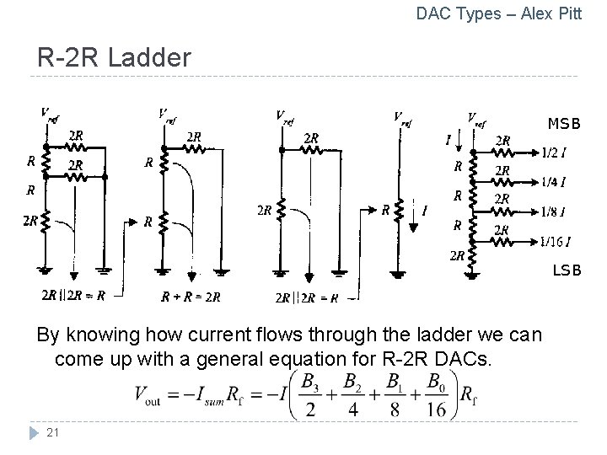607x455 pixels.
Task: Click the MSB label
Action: [x=564, y=124]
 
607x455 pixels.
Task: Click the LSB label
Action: [x=567, y=270]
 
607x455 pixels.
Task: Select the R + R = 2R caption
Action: [x=190, y=297]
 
